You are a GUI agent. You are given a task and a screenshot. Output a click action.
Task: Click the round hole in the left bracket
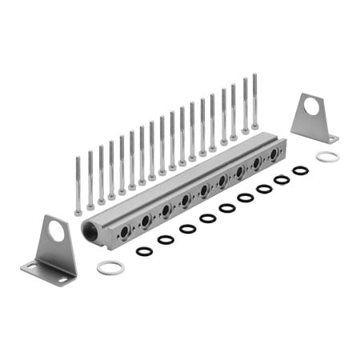56,233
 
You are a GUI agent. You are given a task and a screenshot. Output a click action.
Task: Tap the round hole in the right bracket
311,106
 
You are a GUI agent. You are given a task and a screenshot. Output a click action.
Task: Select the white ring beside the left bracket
110,267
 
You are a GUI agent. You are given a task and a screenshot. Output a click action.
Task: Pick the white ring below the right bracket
326,157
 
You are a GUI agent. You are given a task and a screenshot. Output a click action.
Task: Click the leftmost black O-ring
145,251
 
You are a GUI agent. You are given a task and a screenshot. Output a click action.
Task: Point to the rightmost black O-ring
300,170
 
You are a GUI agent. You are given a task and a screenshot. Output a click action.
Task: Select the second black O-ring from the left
166,239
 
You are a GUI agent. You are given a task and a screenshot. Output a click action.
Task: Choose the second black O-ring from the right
282,180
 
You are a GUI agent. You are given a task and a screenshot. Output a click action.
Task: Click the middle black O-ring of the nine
226,208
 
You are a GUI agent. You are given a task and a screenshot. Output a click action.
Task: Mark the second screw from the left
90,179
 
